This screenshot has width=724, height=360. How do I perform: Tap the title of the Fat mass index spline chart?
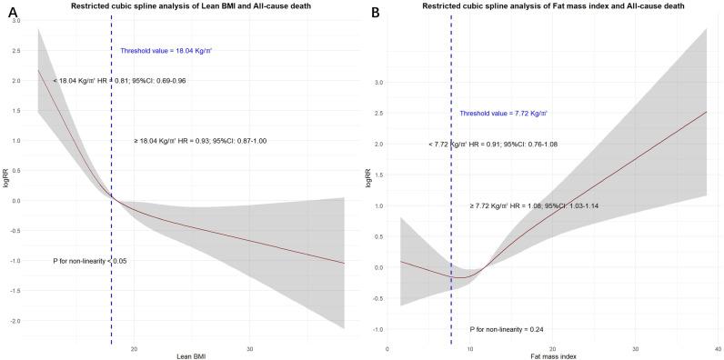pyautogui.click(x=549, y=7)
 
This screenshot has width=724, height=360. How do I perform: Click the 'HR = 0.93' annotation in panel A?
pyautogui.click(x=198, y=141)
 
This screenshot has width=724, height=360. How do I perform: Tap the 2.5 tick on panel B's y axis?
pyautogui.click(x=378, y=113)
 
